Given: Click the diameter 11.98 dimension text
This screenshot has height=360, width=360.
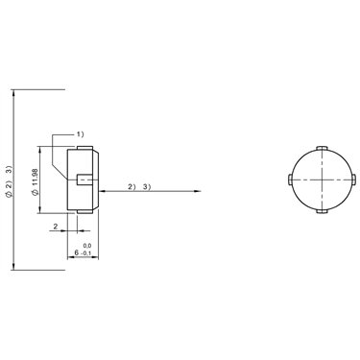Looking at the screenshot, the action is pos(36,181).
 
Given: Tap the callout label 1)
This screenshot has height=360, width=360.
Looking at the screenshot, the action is pos(80,134).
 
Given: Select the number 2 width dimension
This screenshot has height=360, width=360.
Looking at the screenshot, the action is pos(56,227).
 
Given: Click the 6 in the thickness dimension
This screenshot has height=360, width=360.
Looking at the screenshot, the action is pos(76,252).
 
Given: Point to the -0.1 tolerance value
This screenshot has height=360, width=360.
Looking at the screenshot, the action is pos(85,253).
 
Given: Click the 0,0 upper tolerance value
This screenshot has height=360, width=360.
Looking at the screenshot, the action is pos(87,246).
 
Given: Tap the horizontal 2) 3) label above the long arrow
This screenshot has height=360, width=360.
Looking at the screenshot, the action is pos(139,187).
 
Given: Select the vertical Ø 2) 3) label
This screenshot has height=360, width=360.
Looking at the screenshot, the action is pos(9,181).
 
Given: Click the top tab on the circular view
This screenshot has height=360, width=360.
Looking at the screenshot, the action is pos(322,148).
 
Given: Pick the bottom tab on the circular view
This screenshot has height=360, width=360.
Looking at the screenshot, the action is pos(322,211).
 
